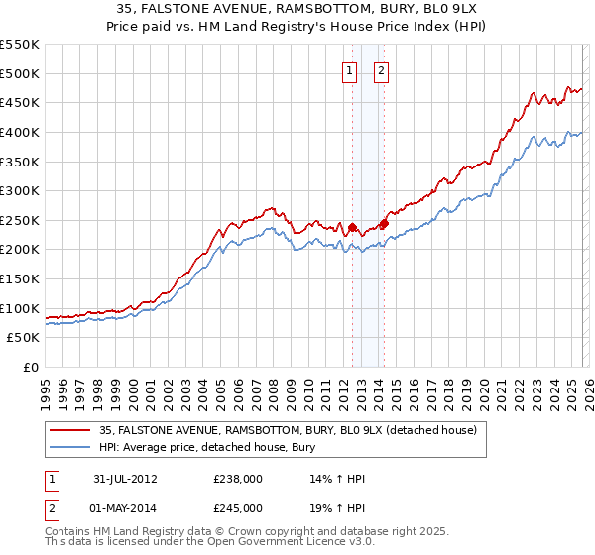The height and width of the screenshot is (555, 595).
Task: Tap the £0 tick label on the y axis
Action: [30, 367]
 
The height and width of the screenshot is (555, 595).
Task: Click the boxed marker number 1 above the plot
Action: [351, 70]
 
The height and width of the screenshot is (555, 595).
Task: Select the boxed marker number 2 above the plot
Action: [382, 70]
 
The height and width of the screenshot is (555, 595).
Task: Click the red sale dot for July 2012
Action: [352, 227]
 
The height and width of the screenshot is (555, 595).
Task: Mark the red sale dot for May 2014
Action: [384, 223]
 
